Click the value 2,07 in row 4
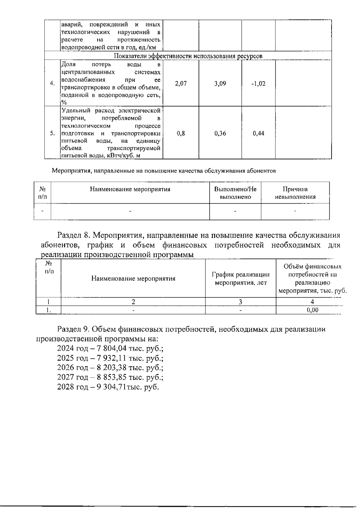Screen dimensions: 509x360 [181, 84]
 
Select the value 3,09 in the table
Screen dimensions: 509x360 [220, 84]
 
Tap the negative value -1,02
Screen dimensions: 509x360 [258, 84]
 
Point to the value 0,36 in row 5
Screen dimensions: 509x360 [220, 133]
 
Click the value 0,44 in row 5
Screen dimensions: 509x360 [258, 133]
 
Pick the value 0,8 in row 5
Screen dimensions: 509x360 [181, 133]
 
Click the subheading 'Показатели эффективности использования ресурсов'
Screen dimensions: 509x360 [188, 56]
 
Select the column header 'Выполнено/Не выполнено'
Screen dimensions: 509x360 [235, 193]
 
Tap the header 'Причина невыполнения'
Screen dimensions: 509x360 [295, 193]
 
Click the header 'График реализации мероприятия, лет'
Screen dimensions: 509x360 [241, 278]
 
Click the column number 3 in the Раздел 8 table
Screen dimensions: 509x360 [240, 302]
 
